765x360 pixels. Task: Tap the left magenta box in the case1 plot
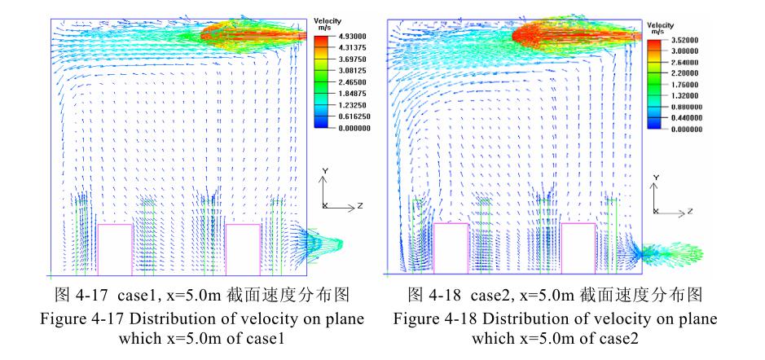pyautogui.click(x=115, y=248)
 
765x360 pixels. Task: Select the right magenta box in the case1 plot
pyautogui.click(x=243, y=248)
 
